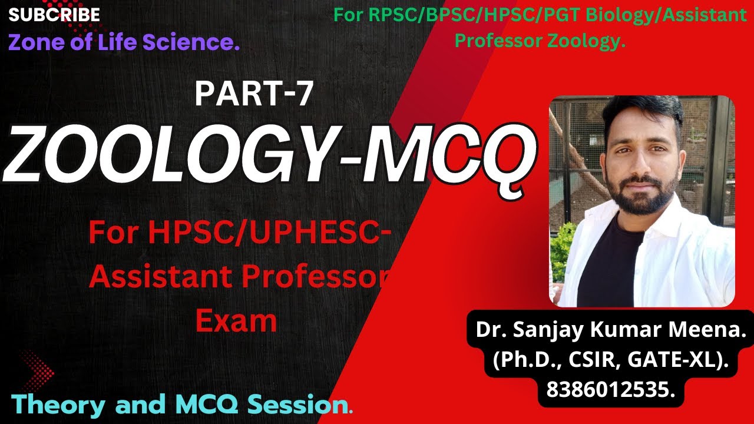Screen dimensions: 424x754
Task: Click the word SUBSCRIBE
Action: pyautogui.click(x=54, y=15)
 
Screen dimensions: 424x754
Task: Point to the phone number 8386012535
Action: pyautogui.click(x=611, y=389)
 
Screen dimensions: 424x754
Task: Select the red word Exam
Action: pyautogui.click(x=236, y=321)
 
